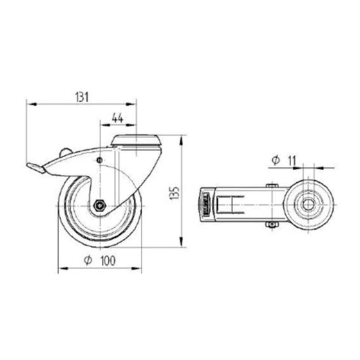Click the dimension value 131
(81, 97)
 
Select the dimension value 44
(117, 118)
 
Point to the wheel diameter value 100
(107, 261)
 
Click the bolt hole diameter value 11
(291, 161)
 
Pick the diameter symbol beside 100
(88, 260)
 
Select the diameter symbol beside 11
(275, 161)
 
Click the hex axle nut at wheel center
(99, 206)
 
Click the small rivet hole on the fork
(99, 160)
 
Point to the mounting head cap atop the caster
(136, 140)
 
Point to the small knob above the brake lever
(65, 152)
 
